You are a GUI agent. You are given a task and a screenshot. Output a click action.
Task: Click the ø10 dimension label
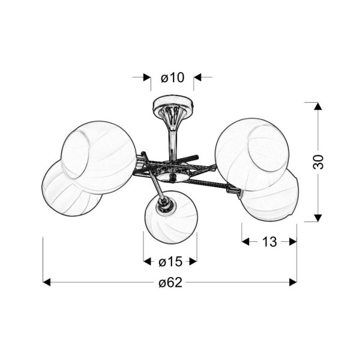click(172, 77)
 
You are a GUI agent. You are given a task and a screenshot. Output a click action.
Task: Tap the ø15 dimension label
click(170, 262)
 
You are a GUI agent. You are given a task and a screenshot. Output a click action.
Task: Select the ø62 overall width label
click(170, 282)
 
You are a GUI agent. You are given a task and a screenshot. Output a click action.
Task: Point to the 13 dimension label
click(269, 242)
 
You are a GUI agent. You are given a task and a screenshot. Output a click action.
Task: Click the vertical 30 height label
click(318, 162)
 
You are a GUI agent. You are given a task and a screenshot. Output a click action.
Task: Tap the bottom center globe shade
click(171, 217)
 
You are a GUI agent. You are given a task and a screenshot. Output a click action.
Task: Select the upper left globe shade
click(99, 157)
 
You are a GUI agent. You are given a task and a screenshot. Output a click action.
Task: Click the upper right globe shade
click(252, 154)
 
